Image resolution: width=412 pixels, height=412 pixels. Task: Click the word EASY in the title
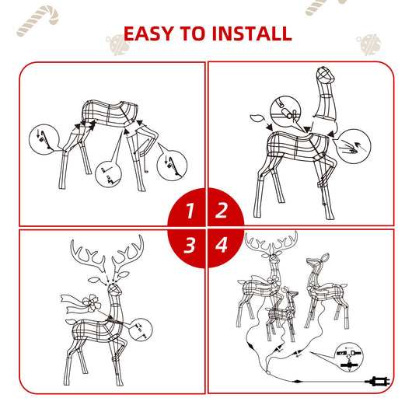148,33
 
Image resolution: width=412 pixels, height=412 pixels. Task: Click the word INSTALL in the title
252,33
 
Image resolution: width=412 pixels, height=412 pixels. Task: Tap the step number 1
190,211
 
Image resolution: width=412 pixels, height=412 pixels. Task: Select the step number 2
222,210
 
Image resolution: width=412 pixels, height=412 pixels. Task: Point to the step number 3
190,246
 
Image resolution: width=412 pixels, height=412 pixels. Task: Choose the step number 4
222,245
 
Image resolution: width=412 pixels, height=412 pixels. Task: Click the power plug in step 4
377,381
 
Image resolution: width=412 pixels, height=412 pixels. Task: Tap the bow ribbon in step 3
82,303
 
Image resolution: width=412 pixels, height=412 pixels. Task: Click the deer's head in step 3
115,289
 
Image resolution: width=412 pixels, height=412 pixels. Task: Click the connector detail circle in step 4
350,357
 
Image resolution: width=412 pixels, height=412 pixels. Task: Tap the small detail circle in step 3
140,330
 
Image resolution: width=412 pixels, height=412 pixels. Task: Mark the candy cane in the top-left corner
37,20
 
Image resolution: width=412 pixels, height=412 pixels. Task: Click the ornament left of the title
117,44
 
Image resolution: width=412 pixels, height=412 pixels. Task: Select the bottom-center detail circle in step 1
108,173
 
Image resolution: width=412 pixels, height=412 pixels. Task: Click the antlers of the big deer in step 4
271,243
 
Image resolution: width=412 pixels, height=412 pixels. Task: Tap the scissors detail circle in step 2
285,111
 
